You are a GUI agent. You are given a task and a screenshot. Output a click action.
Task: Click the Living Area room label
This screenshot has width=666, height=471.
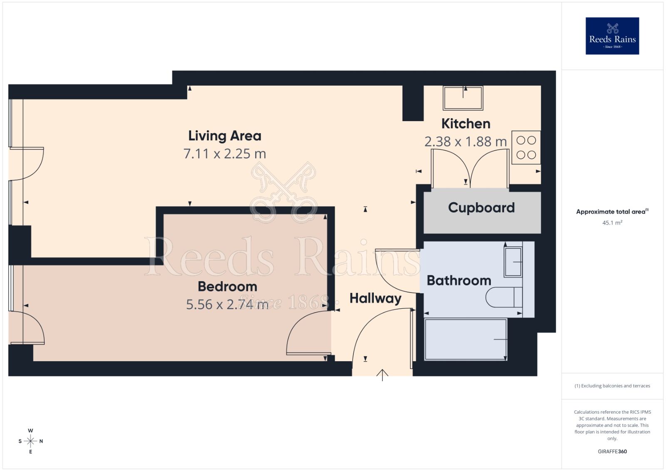point(225,136)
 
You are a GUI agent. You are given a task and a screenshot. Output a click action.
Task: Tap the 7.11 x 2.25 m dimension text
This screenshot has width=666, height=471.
point(225,154)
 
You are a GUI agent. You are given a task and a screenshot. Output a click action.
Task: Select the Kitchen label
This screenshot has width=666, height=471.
point(466,124)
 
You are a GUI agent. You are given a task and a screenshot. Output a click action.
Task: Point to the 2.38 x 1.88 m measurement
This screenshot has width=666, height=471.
point(465,142)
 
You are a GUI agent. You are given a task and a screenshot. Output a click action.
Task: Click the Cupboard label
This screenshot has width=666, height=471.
point(481,208)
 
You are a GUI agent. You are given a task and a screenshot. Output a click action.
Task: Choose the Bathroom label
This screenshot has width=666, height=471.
point(459,280)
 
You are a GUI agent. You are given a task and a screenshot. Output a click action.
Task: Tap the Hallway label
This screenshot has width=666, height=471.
point(375,298)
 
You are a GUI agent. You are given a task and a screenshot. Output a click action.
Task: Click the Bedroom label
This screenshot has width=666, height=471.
point(227,287)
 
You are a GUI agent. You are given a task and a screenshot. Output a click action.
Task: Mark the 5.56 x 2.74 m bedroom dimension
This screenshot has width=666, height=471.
point(227,305)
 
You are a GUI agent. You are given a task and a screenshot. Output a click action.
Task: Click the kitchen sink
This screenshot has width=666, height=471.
point(463,98)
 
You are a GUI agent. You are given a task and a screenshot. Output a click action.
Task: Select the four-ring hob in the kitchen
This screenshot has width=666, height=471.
point(526,148)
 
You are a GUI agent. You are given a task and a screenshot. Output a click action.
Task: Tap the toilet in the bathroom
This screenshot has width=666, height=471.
point(504,297)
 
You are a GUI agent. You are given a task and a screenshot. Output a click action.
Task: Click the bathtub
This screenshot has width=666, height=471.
point(465,340)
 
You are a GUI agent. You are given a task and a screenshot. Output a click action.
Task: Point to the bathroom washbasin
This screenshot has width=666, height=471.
point(513,262)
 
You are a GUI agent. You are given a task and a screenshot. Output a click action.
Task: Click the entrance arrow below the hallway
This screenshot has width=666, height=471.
point(382,375)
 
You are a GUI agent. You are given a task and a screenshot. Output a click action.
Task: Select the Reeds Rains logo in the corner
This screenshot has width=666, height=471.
point(612,36)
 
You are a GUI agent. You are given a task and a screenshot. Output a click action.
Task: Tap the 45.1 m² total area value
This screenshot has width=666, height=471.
point(612,223)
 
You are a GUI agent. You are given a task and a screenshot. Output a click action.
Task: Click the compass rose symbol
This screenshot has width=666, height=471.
point(30,441)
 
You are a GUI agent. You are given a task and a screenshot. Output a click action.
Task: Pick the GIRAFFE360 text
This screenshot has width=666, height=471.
point(612,451)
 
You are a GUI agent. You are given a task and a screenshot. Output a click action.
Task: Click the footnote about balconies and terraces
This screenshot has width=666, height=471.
point(612,386)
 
